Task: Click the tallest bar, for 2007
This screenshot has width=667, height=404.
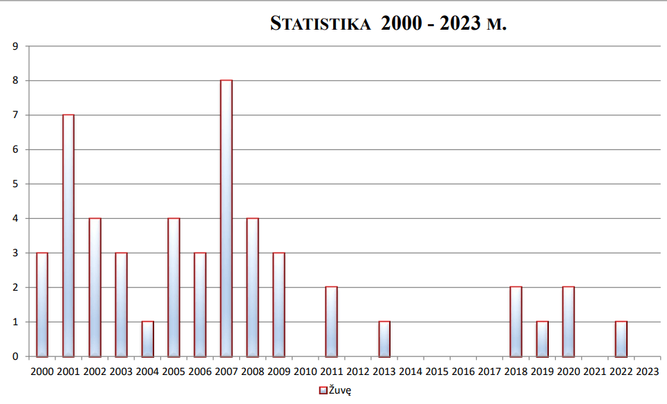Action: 226,218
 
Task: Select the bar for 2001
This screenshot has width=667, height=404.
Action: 68,235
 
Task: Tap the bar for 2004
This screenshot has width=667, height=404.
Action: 147,339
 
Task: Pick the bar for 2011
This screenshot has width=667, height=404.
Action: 331,322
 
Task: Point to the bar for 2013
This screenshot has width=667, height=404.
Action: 384,339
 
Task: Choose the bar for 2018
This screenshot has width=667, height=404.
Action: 516,322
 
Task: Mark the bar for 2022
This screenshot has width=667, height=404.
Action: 621,339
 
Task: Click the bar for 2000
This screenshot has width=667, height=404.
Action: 42,305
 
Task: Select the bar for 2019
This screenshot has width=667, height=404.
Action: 542,339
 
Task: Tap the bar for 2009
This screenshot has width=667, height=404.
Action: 279,305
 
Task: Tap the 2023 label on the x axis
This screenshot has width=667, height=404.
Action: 647,372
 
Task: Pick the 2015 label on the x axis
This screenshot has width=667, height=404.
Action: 437,372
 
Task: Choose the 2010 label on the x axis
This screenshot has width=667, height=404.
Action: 305,372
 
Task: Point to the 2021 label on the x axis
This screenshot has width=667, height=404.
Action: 594,372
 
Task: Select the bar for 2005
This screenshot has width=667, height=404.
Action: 173,287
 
